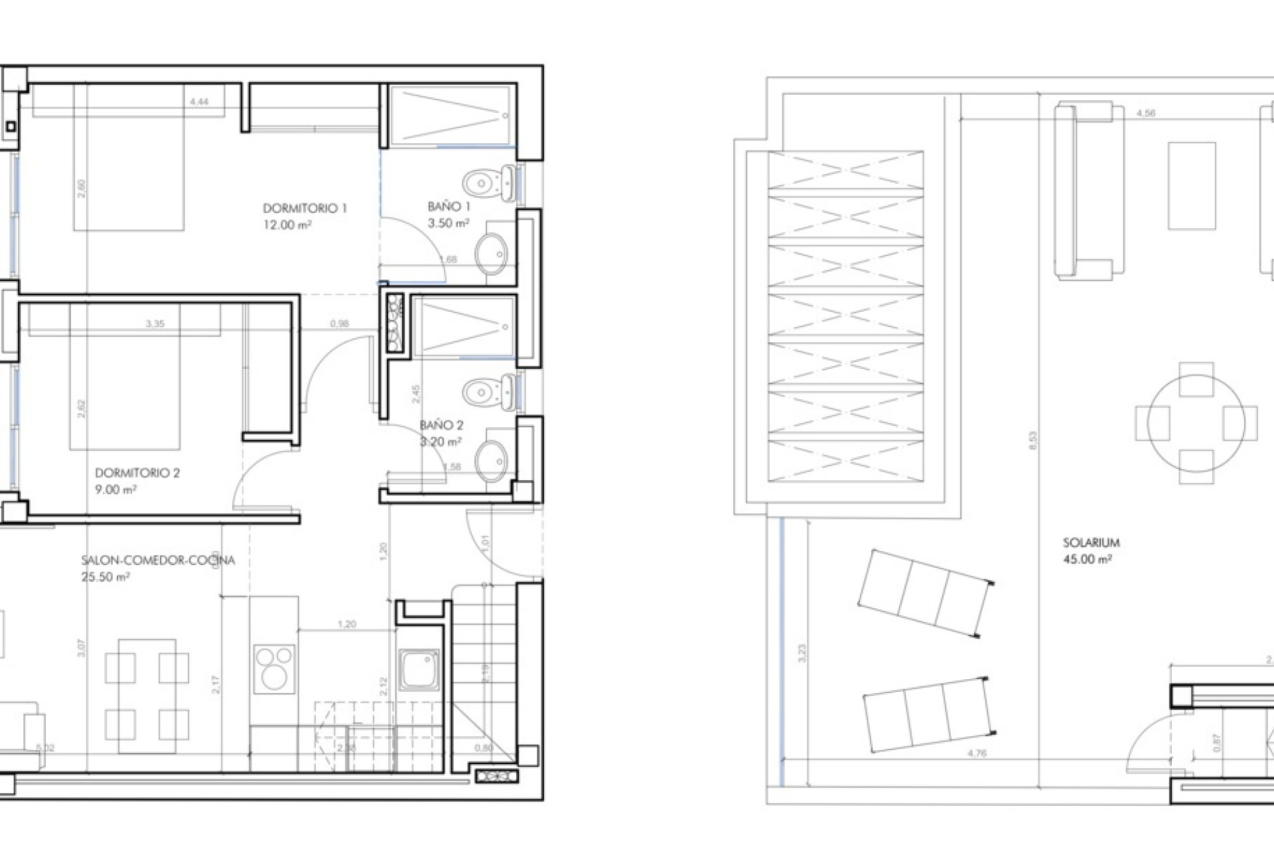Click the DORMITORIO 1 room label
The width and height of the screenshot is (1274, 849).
point(305,208)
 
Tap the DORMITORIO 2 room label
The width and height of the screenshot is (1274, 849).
point(137,473)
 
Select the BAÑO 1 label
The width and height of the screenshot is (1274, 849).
point(449,207)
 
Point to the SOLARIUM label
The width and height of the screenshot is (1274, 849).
point(1091,543)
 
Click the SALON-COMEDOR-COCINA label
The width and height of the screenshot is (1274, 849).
point(158,560)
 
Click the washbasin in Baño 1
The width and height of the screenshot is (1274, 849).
point(492,253)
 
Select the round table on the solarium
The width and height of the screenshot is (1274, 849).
point(1196,423)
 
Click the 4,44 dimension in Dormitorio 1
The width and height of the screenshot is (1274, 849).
point(199,102)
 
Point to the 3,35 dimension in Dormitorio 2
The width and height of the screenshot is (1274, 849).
point(155,324)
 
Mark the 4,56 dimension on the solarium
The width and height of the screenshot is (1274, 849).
point(1145,113)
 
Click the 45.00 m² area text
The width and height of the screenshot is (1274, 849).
point(1087,559)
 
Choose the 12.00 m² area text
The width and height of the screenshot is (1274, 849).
point(287,225)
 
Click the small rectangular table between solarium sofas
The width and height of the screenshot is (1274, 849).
point(1192,186)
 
